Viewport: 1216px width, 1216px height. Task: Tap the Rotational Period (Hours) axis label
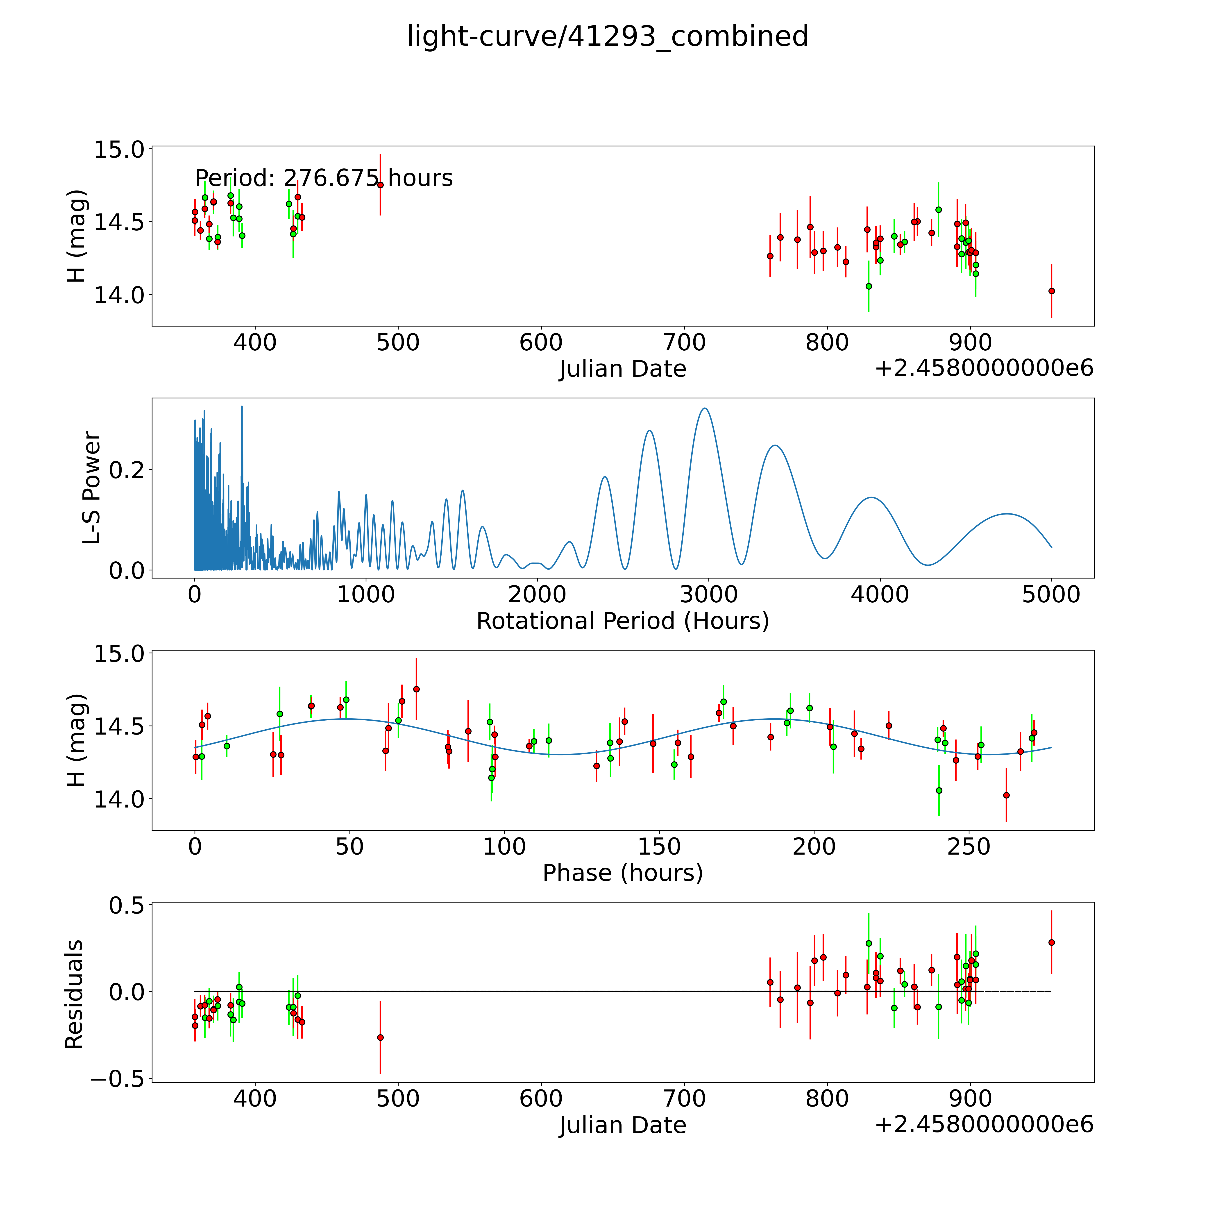click(622, 621)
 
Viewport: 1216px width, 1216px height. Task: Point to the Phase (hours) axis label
click(622, 873)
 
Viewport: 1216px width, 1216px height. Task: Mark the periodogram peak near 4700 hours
click(1007, 514)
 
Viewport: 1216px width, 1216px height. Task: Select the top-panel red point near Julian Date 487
click(380, 185)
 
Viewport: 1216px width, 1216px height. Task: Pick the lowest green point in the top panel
click(869, 286)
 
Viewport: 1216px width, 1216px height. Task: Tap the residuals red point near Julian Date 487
click(380, 1037)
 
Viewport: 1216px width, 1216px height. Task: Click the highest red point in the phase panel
click(416, 689)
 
